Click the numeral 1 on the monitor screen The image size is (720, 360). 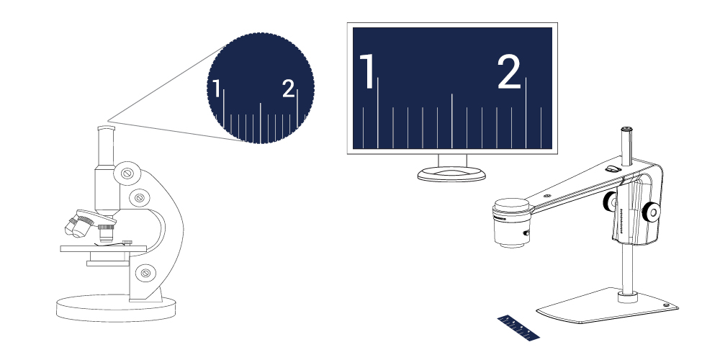(367, 71)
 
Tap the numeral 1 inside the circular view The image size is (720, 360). (216, 88)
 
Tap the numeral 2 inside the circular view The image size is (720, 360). (288, 88)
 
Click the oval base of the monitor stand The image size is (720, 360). (451, 174)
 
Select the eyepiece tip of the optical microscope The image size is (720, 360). (106, 128)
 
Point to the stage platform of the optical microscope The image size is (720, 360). (103, 249)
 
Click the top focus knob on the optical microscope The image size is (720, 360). (127, 173)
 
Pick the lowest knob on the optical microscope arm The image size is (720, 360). (145, 273)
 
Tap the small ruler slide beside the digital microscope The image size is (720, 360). (518, 328)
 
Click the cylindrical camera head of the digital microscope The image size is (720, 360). (510, 222)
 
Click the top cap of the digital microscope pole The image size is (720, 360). (627, 130)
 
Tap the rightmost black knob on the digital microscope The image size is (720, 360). (651, 212)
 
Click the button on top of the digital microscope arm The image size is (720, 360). (613, 168)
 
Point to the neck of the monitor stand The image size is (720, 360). (452, 161)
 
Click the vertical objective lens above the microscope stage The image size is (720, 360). (106, 233)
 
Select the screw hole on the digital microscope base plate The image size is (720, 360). (666, 305)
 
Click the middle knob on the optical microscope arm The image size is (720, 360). (140, 198)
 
